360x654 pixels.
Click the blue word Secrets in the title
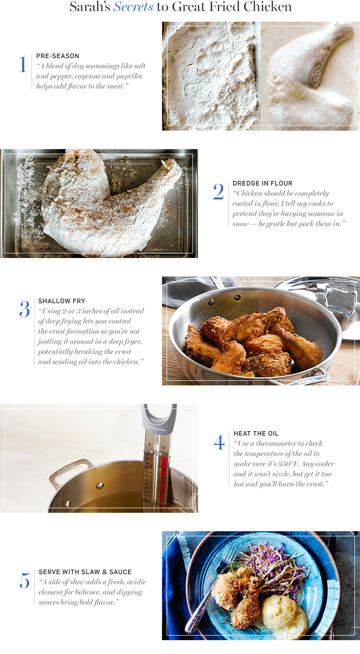[133, 7]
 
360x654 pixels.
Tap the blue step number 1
[23, 64]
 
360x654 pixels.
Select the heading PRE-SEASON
[58, 56]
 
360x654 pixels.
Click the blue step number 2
[218, 192]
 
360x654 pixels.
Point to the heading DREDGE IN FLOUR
[263, 183]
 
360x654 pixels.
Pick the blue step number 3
[25, 309]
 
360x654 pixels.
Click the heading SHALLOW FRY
[62, 301]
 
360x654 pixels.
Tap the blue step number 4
[219, 442]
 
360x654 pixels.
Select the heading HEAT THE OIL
[256, 433]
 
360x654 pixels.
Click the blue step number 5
[25, 580]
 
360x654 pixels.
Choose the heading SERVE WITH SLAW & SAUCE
[85, 572]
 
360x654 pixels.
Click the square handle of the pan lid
[340, 299]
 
